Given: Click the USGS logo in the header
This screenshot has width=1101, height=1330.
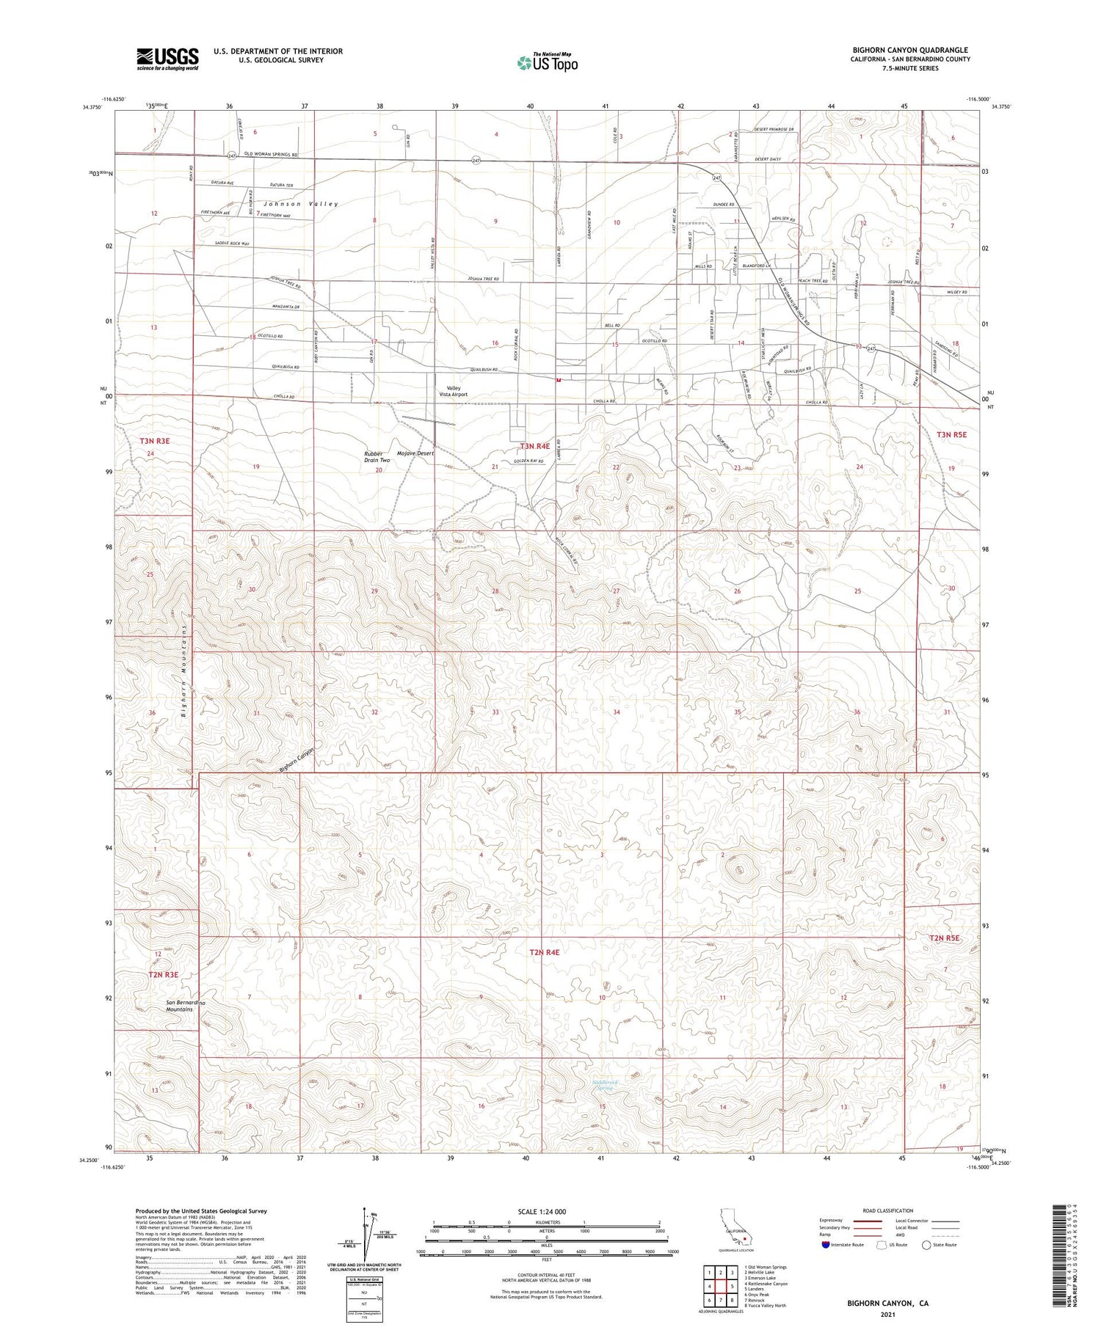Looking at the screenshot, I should (167, 59).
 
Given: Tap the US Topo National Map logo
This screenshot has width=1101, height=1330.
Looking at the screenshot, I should (548, 62).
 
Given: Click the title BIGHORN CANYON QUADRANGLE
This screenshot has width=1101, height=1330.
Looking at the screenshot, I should (910, 51).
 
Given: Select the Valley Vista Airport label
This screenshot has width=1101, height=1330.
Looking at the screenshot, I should (453, 391).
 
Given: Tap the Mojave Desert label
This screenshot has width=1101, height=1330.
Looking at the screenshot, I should (415, 453).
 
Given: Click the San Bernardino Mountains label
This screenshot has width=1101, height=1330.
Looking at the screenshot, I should (179, 1005).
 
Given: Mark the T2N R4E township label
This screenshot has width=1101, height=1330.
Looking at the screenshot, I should (544, 952).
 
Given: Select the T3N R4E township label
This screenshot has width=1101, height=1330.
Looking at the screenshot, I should (535, 446).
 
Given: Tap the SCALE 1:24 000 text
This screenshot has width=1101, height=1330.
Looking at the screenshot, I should (546, 1212).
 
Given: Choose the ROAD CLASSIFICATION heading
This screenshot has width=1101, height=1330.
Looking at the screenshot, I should (888, 1211).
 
